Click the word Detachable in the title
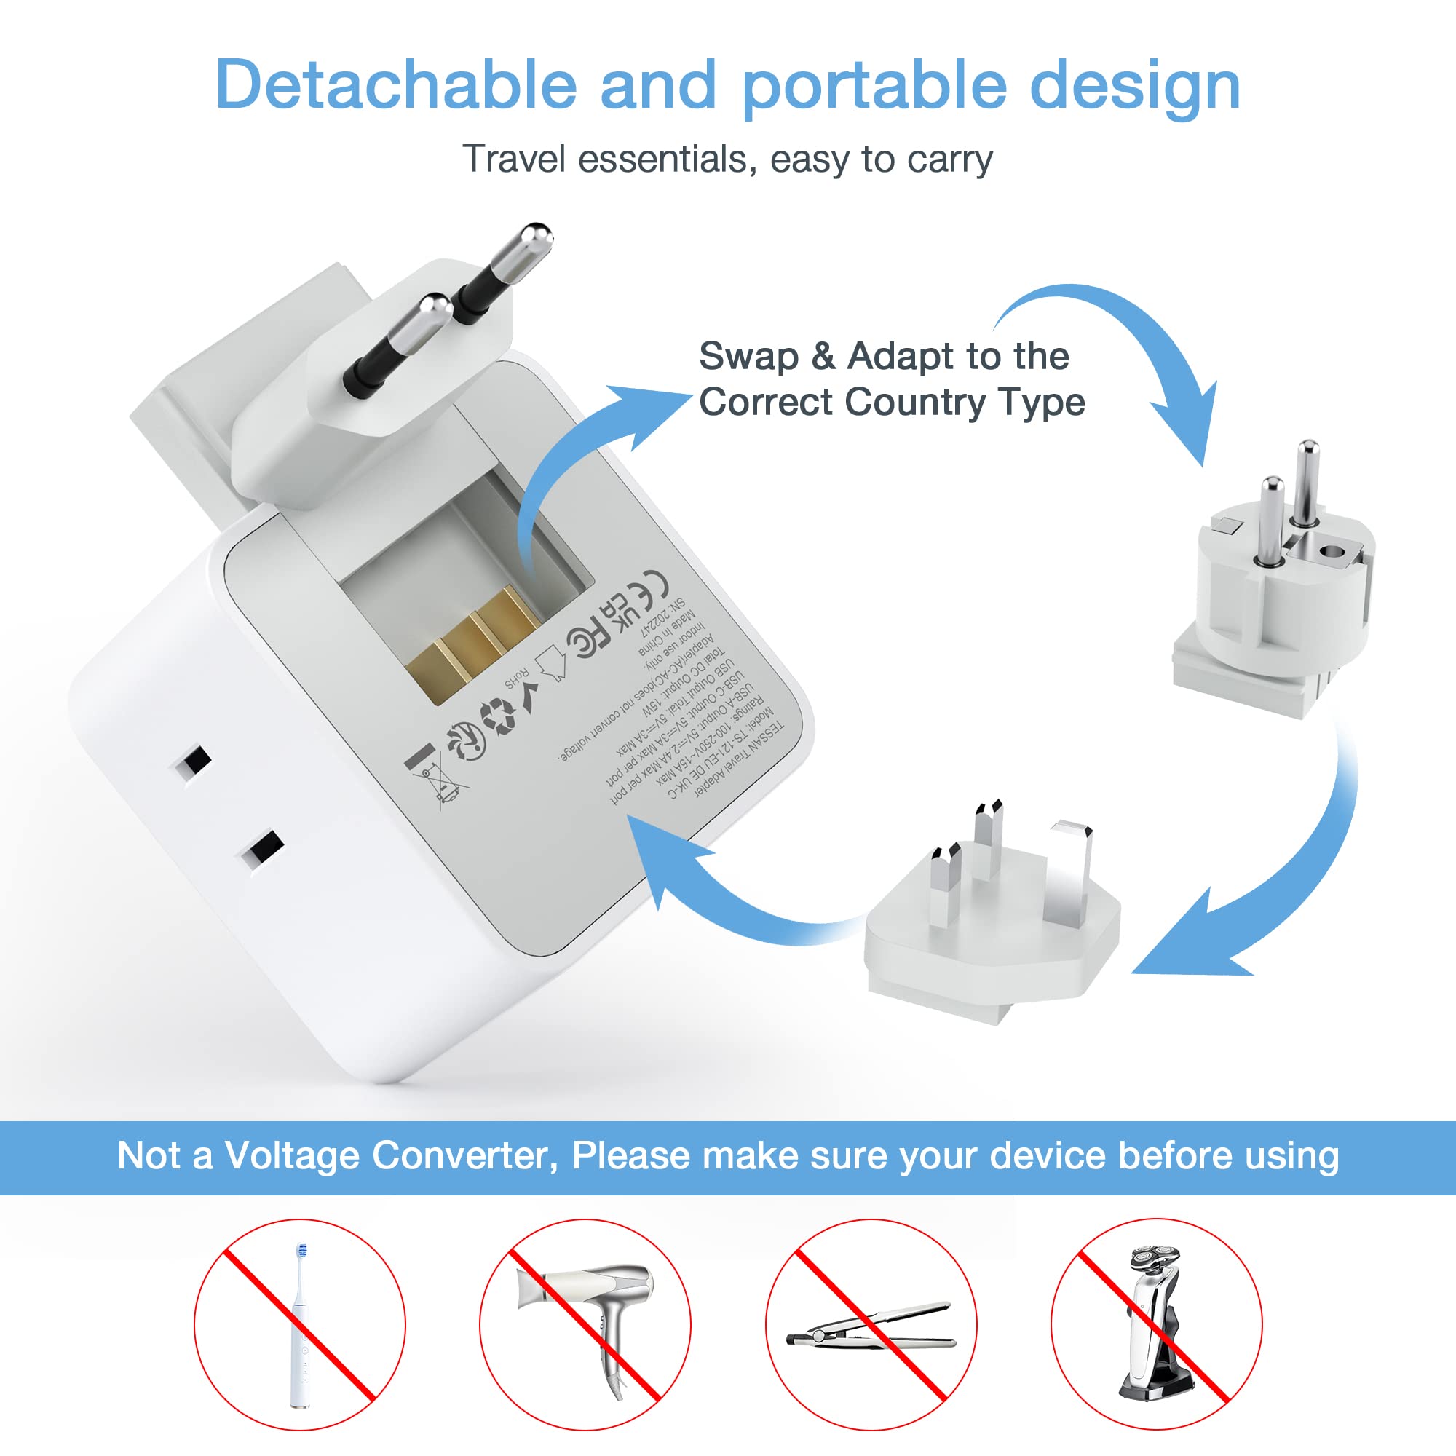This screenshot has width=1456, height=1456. tap(395, 84)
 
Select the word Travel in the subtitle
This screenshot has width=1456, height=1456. tap(513, 159)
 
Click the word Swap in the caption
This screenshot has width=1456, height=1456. tap(748, 356)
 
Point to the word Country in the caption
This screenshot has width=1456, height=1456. tap(915, 402)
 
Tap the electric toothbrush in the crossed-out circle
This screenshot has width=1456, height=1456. tap(301, 1324)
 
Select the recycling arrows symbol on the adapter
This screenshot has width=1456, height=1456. tap(498, 714)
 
